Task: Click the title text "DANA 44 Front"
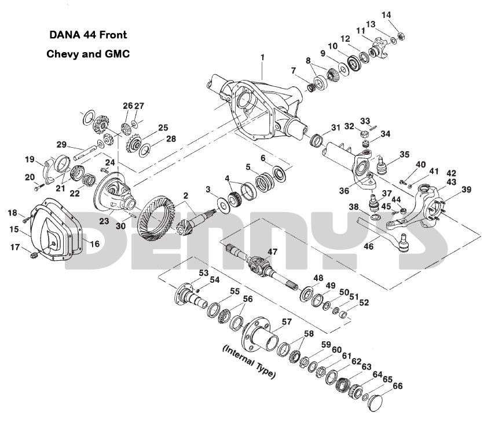click(88, 35)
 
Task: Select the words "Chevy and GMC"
click(87, 53)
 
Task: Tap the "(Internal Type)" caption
click(249, 362)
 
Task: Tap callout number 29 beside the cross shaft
click(61, 145)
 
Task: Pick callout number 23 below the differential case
click(104, 220)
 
